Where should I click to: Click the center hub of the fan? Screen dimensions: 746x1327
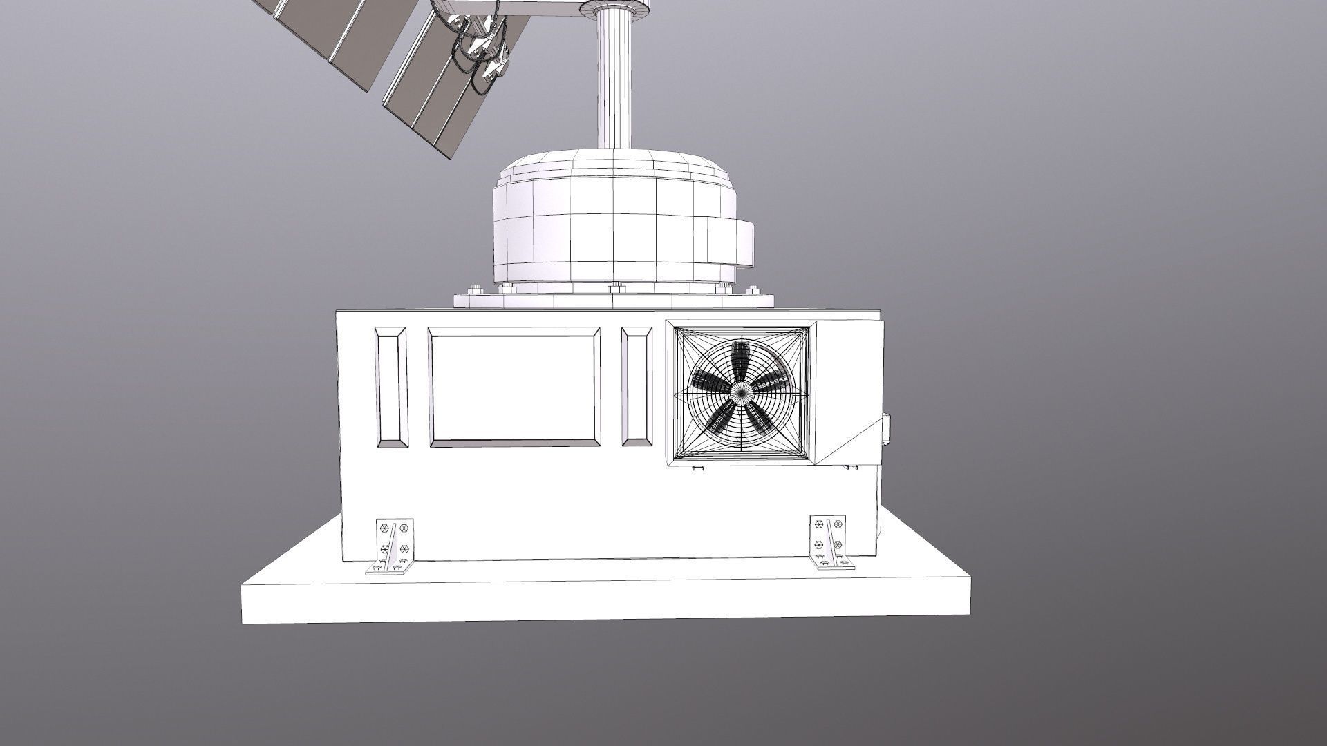pyautogui.click(x=741, y=394)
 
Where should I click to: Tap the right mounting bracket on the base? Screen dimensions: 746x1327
pyautogui.click(x=830, y=543)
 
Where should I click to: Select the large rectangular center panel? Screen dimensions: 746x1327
pyautogui.click(x=514, y=387)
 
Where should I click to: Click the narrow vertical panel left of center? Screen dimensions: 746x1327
pyautogui.click(x=391, y=387)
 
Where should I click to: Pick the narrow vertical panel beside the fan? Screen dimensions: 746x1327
pyautogui.click(x=636, y=387)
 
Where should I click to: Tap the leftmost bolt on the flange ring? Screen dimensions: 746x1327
pyautogui.click(x=473, y=289)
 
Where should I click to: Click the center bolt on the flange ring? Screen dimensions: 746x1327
pyautogui.click(x=614, y=287)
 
